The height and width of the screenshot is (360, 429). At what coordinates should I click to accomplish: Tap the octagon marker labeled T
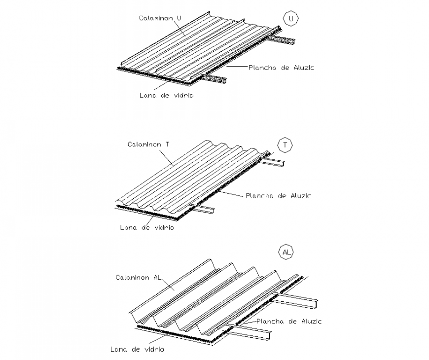point(285,145)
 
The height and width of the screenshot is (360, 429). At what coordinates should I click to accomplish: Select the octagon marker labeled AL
point(286,252)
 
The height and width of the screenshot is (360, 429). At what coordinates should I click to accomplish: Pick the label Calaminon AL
point(138,277)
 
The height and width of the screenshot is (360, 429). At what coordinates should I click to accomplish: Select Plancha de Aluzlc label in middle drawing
point(279,196)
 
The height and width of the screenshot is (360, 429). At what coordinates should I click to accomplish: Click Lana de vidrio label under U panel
point(166,95)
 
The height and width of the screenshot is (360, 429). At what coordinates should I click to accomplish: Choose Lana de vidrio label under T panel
point(146,228)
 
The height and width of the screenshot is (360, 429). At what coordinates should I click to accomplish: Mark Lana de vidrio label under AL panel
point(137,349)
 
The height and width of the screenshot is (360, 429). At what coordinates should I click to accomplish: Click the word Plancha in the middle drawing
point(261,196)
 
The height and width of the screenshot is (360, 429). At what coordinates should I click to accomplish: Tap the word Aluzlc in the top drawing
point(303,68)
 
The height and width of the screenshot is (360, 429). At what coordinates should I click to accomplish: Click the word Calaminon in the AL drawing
point(132,277)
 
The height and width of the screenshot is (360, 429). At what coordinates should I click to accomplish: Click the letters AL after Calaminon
point(156,277)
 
